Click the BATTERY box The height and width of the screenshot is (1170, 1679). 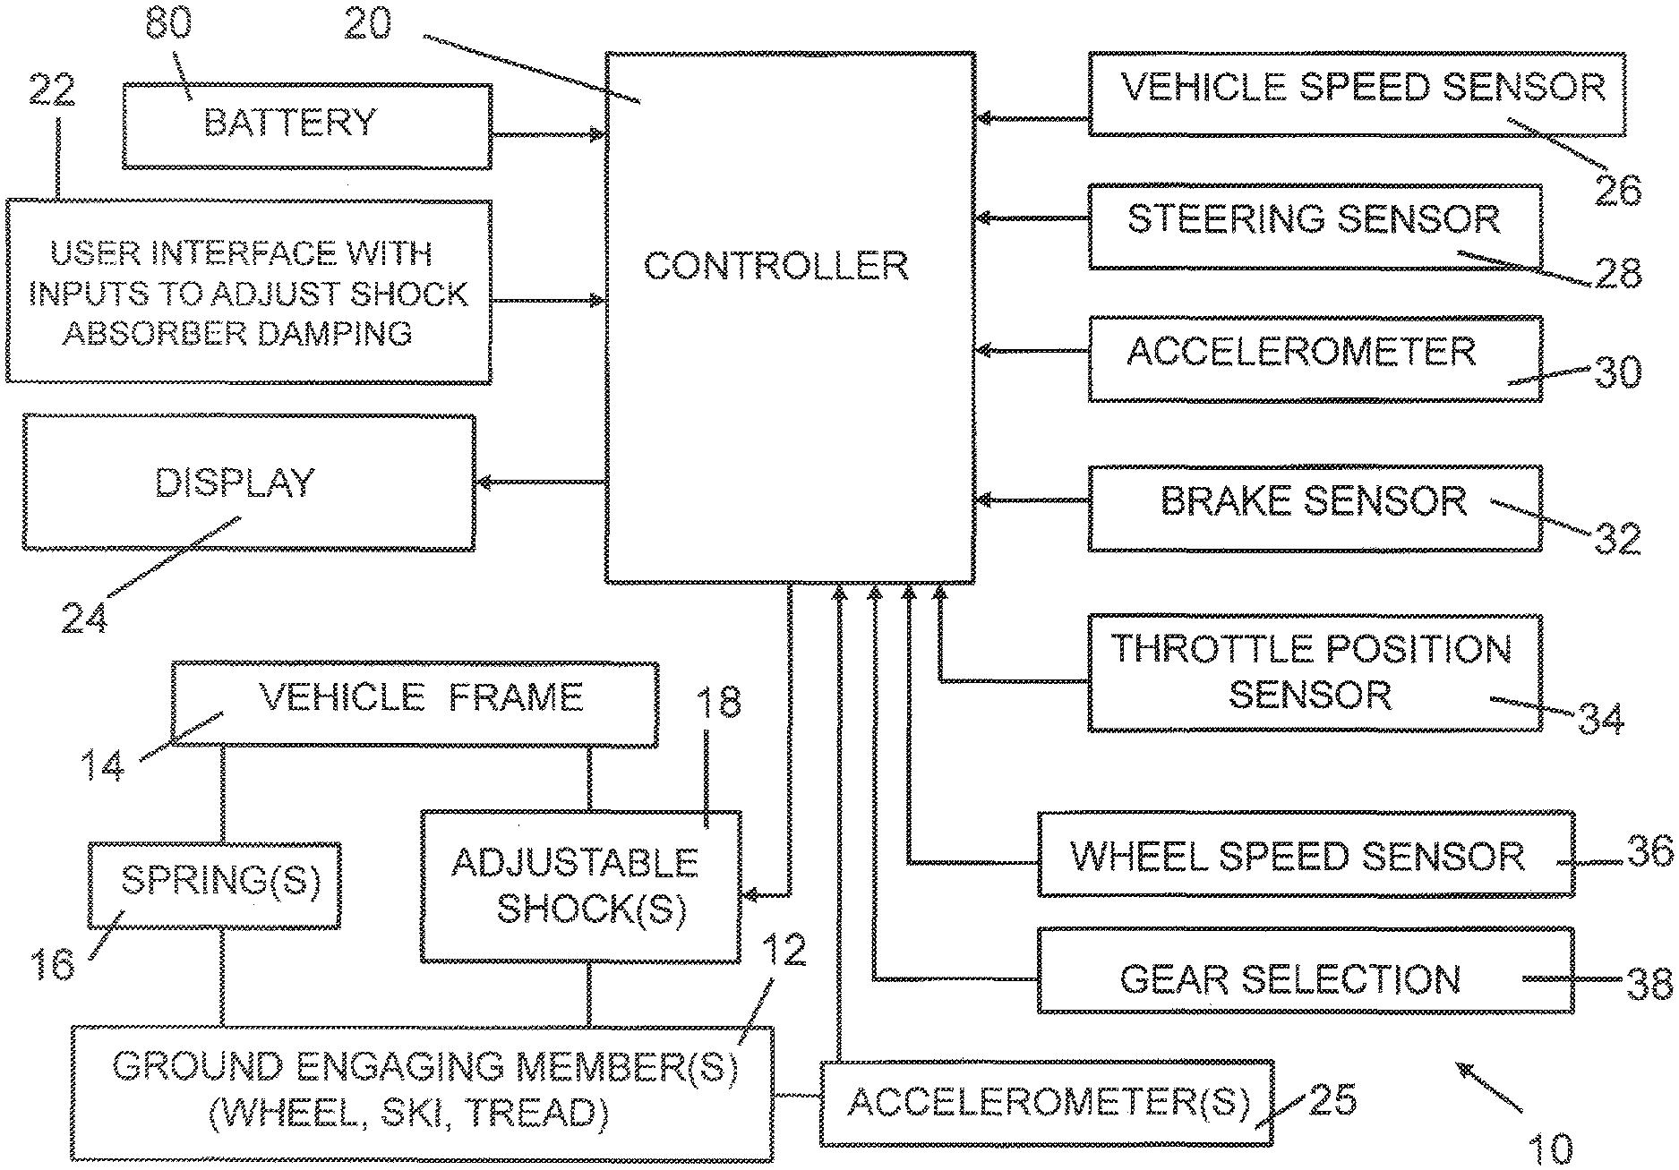306,126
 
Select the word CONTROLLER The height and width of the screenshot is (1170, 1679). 775,266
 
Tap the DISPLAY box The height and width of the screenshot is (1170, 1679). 248,483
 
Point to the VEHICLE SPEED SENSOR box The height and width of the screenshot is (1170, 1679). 1356,94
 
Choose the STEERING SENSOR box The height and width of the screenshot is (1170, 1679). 1315,226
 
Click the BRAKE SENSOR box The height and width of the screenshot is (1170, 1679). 1315,508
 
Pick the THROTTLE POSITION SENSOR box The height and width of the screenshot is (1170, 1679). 1315,673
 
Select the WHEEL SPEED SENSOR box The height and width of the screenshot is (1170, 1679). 1305,854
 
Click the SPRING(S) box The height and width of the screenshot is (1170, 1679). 214,885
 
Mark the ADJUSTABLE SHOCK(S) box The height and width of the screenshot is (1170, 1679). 580,886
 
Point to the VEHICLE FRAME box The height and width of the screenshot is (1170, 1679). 414,704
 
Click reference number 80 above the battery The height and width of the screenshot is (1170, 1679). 168,24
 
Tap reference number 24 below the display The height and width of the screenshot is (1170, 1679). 85,619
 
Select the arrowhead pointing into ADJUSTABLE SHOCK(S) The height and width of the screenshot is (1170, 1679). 750,894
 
